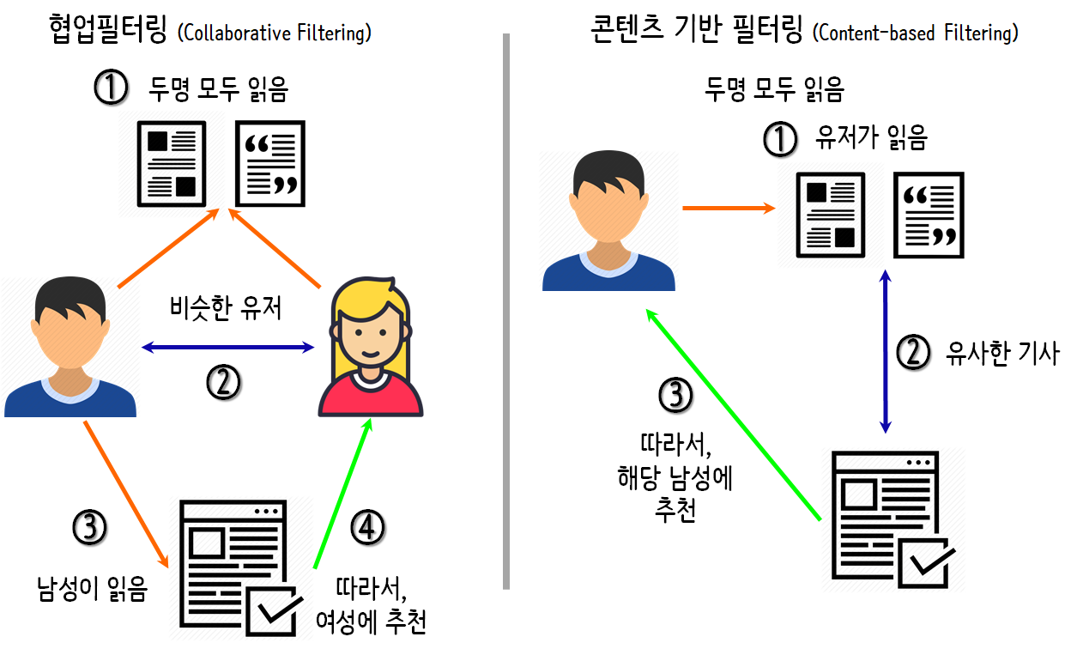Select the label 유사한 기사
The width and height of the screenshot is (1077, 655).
click(x=1001, y=353)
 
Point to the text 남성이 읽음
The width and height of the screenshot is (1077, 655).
click(x=92, y=590)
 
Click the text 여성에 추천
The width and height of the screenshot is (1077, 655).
click(x=371, y=622)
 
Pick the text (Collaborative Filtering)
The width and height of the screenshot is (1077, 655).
click(x=274, y=33)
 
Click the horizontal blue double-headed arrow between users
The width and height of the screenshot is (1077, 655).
click(x=228, y=348)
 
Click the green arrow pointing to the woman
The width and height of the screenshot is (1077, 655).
click(x=342, y=494)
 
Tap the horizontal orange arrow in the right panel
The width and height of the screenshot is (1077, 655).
click(x=727, y=207)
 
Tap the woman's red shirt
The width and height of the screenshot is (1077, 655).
click(x=370, y=398)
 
